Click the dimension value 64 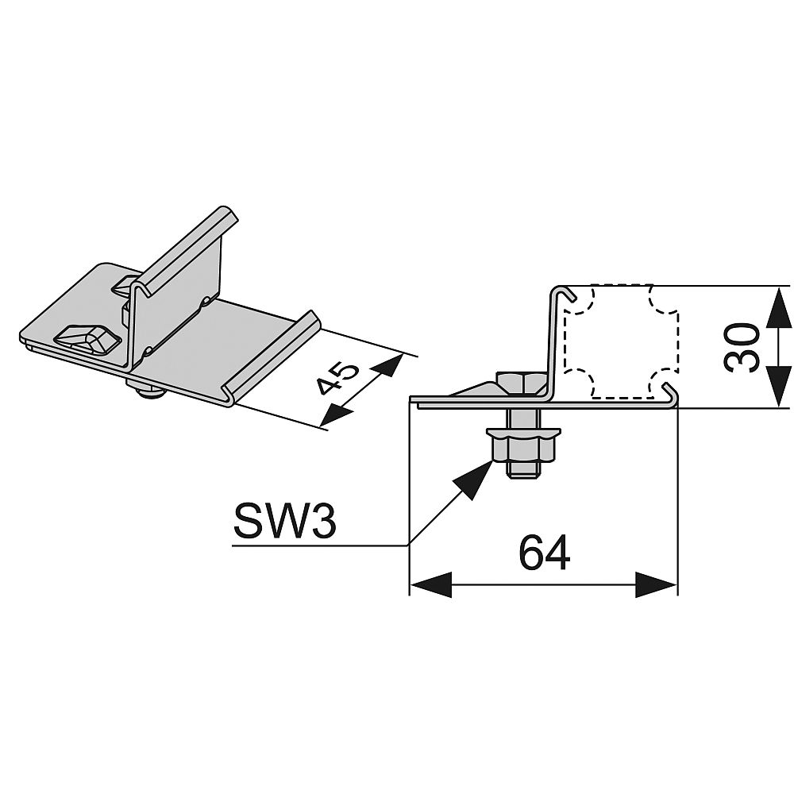coord(544,553)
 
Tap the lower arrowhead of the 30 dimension coord(777,387)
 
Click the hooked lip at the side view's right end coord(670,394)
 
